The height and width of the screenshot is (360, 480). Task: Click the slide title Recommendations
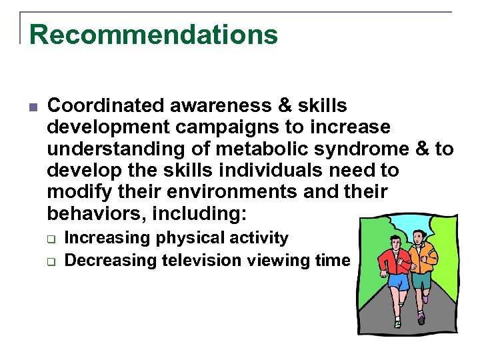click(x=153, y=35)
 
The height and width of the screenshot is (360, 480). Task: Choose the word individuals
click(x=262, y=170)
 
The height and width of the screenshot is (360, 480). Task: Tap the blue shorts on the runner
click(x=398, y=283)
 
